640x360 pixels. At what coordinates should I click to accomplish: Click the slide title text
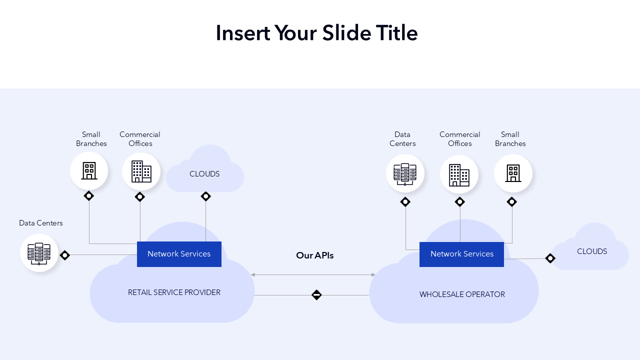316,33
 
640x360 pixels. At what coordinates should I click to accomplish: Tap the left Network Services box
179,254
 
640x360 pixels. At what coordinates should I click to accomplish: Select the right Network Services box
461,254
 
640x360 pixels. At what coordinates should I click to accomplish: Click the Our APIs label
314,255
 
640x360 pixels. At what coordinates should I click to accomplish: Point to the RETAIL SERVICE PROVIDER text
174,292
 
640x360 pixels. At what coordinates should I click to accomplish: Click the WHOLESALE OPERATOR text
462,294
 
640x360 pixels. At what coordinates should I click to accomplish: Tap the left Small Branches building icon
89,171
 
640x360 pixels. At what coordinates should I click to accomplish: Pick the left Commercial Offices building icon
141,171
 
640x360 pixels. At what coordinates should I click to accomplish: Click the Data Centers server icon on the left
39,253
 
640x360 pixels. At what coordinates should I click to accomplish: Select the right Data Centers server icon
405,174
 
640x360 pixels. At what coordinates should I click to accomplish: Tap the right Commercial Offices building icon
459,174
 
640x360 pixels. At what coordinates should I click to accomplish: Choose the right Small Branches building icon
513,173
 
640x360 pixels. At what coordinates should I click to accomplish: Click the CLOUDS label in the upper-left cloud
204,174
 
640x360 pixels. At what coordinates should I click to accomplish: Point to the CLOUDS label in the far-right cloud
592,251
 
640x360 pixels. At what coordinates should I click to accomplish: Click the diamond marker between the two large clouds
316,295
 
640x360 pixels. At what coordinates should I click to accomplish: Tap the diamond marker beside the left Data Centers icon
64,255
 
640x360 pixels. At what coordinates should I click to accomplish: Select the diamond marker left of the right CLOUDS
550,258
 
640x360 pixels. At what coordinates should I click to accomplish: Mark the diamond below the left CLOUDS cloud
205,196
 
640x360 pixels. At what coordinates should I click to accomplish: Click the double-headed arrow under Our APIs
313,274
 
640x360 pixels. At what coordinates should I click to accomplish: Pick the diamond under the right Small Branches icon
511,202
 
